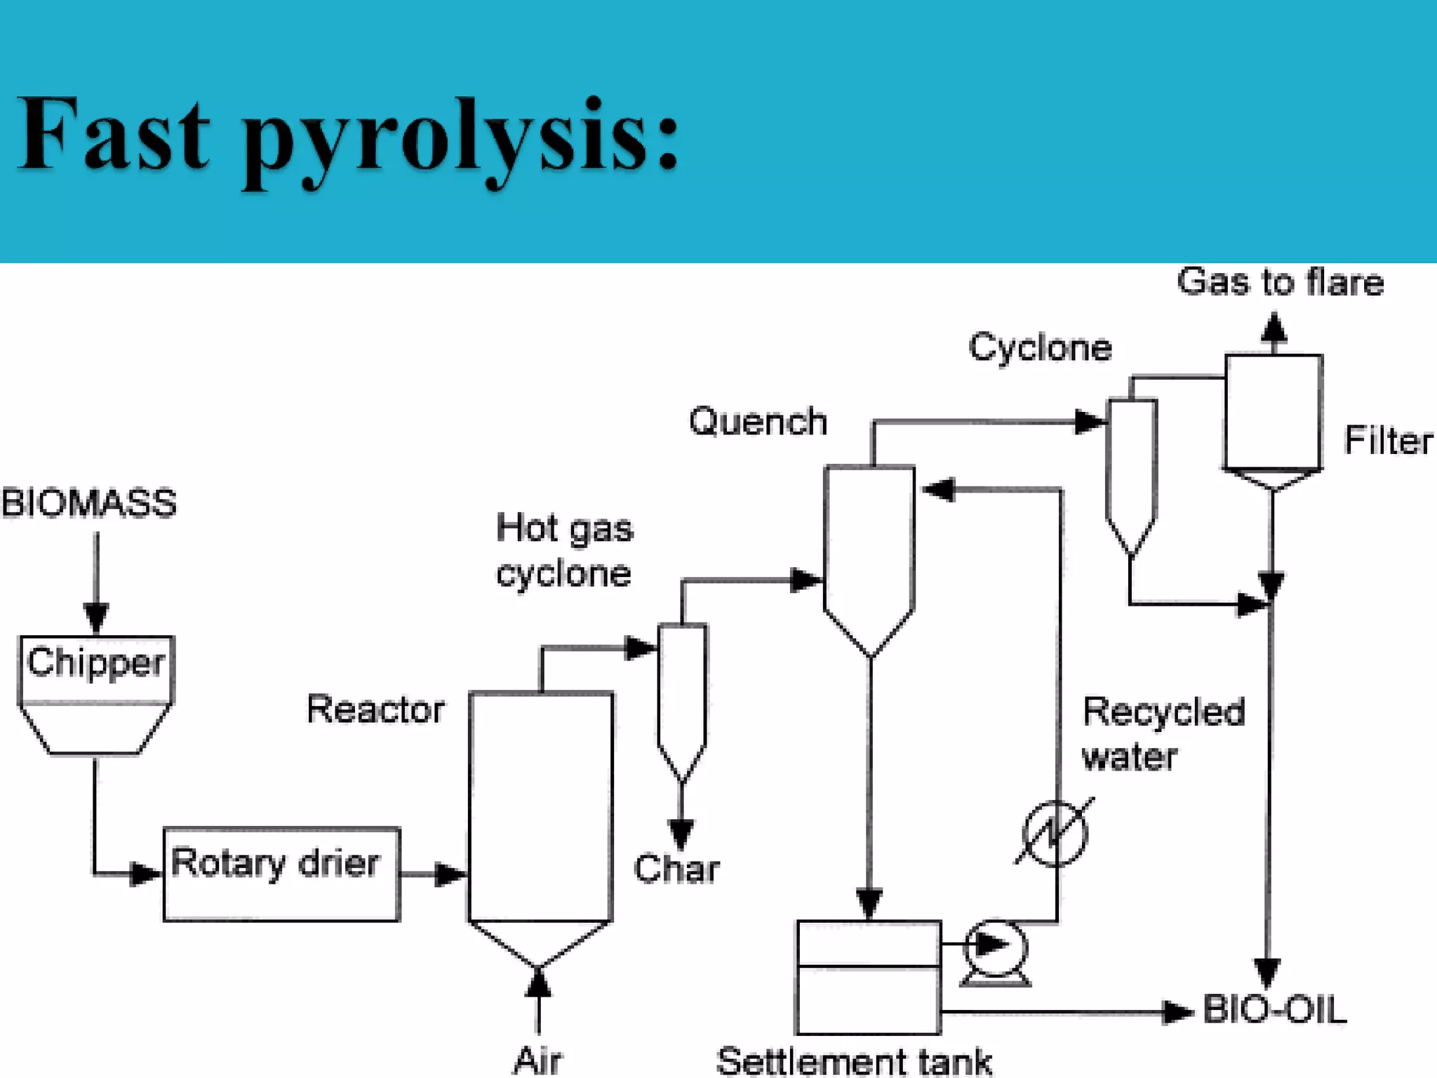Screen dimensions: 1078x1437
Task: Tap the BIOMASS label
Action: (89, 504)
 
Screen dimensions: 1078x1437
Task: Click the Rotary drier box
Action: (281, 874)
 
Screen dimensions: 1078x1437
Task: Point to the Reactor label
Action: (375, 710)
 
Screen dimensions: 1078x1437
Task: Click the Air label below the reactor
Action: (537, 1060)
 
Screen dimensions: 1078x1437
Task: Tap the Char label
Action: (676, 869)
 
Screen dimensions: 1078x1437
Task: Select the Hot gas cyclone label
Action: (564, 551)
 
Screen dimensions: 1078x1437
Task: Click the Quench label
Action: (758, 422)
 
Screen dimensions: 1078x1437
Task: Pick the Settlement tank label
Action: (854, 1061)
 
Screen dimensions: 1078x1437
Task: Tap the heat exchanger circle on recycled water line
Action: (1055, 833)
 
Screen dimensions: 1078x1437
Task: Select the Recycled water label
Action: (1163, 734)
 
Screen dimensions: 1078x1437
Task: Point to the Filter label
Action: (1388, 441)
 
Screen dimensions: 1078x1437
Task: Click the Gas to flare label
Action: (1280, 282)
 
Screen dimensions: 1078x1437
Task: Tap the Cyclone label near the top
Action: (1040, 347)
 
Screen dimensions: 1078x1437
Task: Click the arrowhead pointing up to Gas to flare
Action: (1274, 327)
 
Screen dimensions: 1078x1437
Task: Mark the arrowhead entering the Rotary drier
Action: (146, 874)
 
